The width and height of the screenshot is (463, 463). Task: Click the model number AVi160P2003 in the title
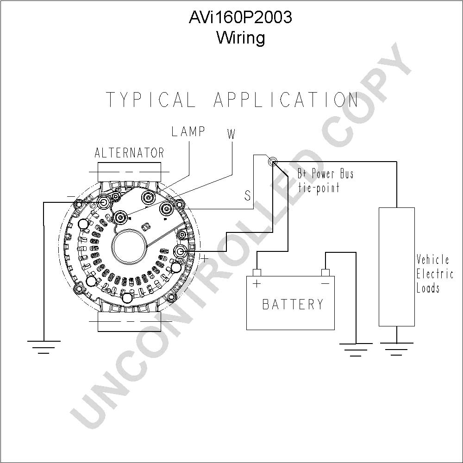click(240, 17)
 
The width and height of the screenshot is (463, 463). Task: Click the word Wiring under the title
click(241, 38)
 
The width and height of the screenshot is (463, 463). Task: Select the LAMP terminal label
click(188, 131)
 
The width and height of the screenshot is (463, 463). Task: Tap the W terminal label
click(231, 134)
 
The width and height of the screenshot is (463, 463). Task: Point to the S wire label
click(247, 195)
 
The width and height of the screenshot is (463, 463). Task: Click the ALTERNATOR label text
click(129, 153)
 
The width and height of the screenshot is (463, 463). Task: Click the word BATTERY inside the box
click(293, 304)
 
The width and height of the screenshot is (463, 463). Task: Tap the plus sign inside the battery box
click(257, 284)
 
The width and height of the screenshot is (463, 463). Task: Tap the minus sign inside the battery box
click(325, 284)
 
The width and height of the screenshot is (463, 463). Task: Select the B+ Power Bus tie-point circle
click(273, 162)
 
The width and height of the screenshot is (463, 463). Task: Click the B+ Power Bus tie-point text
click(325, 181)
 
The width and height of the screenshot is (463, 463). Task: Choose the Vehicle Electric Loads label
click(435, 274)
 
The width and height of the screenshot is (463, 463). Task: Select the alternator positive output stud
click(180, 251)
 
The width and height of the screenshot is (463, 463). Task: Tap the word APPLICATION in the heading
click(286, 100)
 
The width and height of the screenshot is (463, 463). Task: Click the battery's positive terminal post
click(257, 272)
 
